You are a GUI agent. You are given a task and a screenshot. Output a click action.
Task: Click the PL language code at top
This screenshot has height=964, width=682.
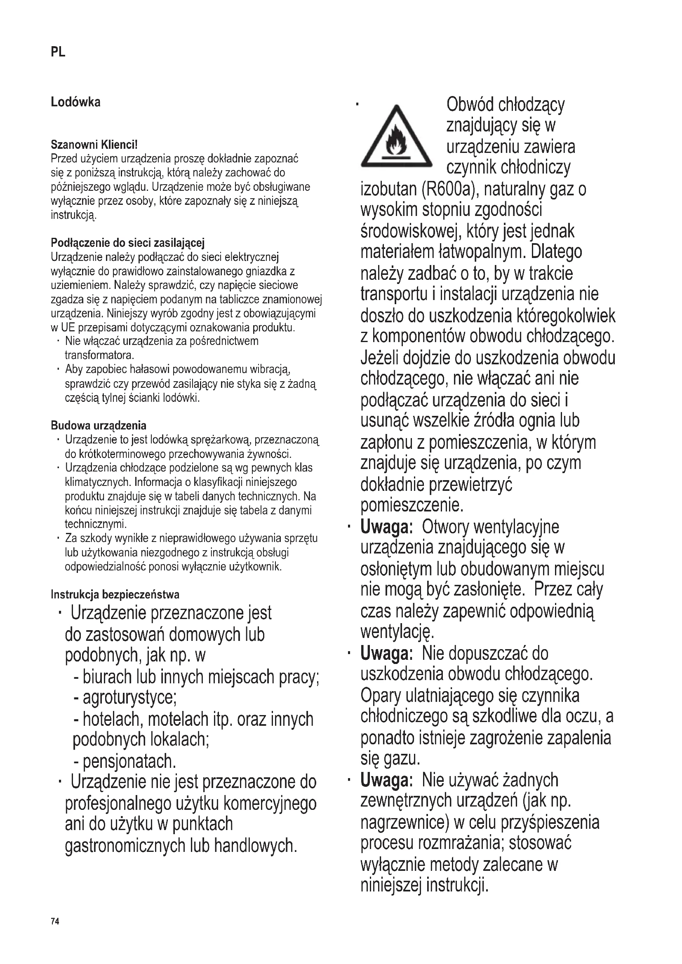coord(58,52)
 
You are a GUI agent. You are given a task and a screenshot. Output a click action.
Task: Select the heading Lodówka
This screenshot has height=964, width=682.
coord(75,102)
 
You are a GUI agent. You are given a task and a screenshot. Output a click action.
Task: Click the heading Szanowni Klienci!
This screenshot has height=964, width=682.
coord(94,145)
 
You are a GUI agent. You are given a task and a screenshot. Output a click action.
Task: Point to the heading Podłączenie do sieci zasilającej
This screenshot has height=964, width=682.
coord(127,243)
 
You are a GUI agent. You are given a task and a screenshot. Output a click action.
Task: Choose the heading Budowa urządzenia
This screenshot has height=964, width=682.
coord(98,426)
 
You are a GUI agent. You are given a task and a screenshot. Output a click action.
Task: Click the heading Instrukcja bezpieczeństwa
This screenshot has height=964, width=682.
coord(115,595)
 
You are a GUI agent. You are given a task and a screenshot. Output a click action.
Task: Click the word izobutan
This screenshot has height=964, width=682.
coord(388,189)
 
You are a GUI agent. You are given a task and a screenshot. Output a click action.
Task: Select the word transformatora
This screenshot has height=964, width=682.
coord(99,355)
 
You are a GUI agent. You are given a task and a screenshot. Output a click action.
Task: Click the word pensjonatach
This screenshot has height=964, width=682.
coord(129,761)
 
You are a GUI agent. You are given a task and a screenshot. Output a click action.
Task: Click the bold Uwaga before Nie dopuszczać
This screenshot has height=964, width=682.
coord(386,653)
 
